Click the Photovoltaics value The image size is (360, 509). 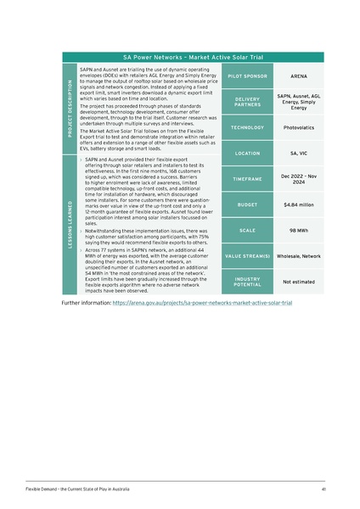click(x=298, y=128)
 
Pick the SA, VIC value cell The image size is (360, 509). click(x=298, y=154)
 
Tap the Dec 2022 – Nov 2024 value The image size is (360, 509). click(x=298, y=179)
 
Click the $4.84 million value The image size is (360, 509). click(x=298, y=204)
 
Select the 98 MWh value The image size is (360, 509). click(x=298, y=230)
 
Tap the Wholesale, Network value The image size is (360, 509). click(x=298, y=255)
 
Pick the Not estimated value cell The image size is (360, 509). click(x=298, y=281)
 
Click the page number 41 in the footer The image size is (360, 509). click(x=323, y=489)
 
